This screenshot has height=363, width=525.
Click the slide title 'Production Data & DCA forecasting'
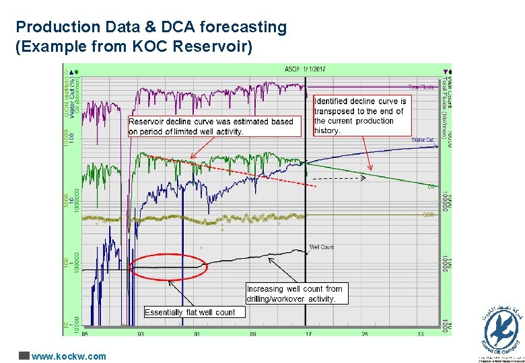(x=151, y=27)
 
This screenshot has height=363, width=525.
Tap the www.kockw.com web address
(x=69, y=356)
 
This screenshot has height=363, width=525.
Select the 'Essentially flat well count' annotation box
(x=190, y=312)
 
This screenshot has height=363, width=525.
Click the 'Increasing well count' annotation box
(x=295, y=294)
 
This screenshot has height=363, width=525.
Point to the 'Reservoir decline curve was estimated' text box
(x=211, y=126)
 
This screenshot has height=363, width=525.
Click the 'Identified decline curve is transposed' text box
(x=362, y=116)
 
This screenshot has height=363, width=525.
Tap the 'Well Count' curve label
(x=322, y=247)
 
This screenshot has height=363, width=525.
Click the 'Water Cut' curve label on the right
(x=423, y=140)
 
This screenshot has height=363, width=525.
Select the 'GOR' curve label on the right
(x=427, y=214)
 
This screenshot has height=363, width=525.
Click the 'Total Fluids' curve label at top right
(x=422, y=87)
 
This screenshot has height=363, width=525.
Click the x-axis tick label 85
(x=83, y=333)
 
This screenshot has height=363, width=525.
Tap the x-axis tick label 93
(x=140, y=333)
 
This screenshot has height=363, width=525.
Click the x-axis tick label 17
(x=308, y=333)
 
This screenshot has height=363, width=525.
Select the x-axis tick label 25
(x=363, y=333)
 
